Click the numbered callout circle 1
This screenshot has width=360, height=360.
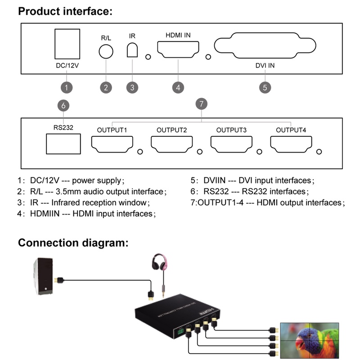[67, 87]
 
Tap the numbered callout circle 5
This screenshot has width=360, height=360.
[265, 87]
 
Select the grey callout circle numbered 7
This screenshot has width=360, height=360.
[202, 104]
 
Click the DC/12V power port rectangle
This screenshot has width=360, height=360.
[67, 44]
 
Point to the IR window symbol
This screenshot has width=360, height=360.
[132, 50]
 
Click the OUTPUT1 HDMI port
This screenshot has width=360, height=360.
[112, 144]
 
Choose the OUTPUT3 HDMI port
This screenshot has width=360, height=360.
[231, 144]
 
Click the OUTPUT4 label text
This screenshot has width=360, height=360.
[291, 130]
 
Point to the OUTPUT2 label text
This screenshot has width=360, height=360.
[171, 130]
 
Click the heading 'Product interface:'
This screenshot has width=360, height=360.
[65, 12]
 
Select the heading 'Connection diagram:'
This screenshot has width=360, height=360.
[73, 243]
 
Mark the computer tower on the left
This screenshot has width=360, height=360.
[44, 277]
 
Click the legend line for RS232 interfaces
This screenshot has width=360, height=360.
[256, 192]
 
